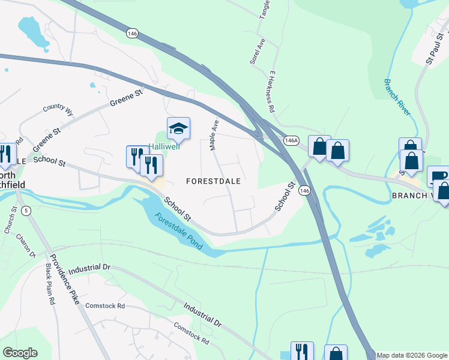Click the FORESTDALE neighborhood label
(x=213, y=181)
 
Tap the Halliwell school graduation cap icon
(x=178, y=128)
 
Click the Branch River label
(x=397, y=97)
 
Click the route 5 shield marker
(x=26, y=211)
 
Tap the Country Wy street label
(x=58, y=109)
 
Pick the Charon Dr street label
(x=28, y=245)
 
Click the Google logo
(x=20, y=353)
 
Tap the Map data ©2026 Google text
(x=412, y=355)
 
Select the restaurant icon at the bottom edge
(x=302, y=352)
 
